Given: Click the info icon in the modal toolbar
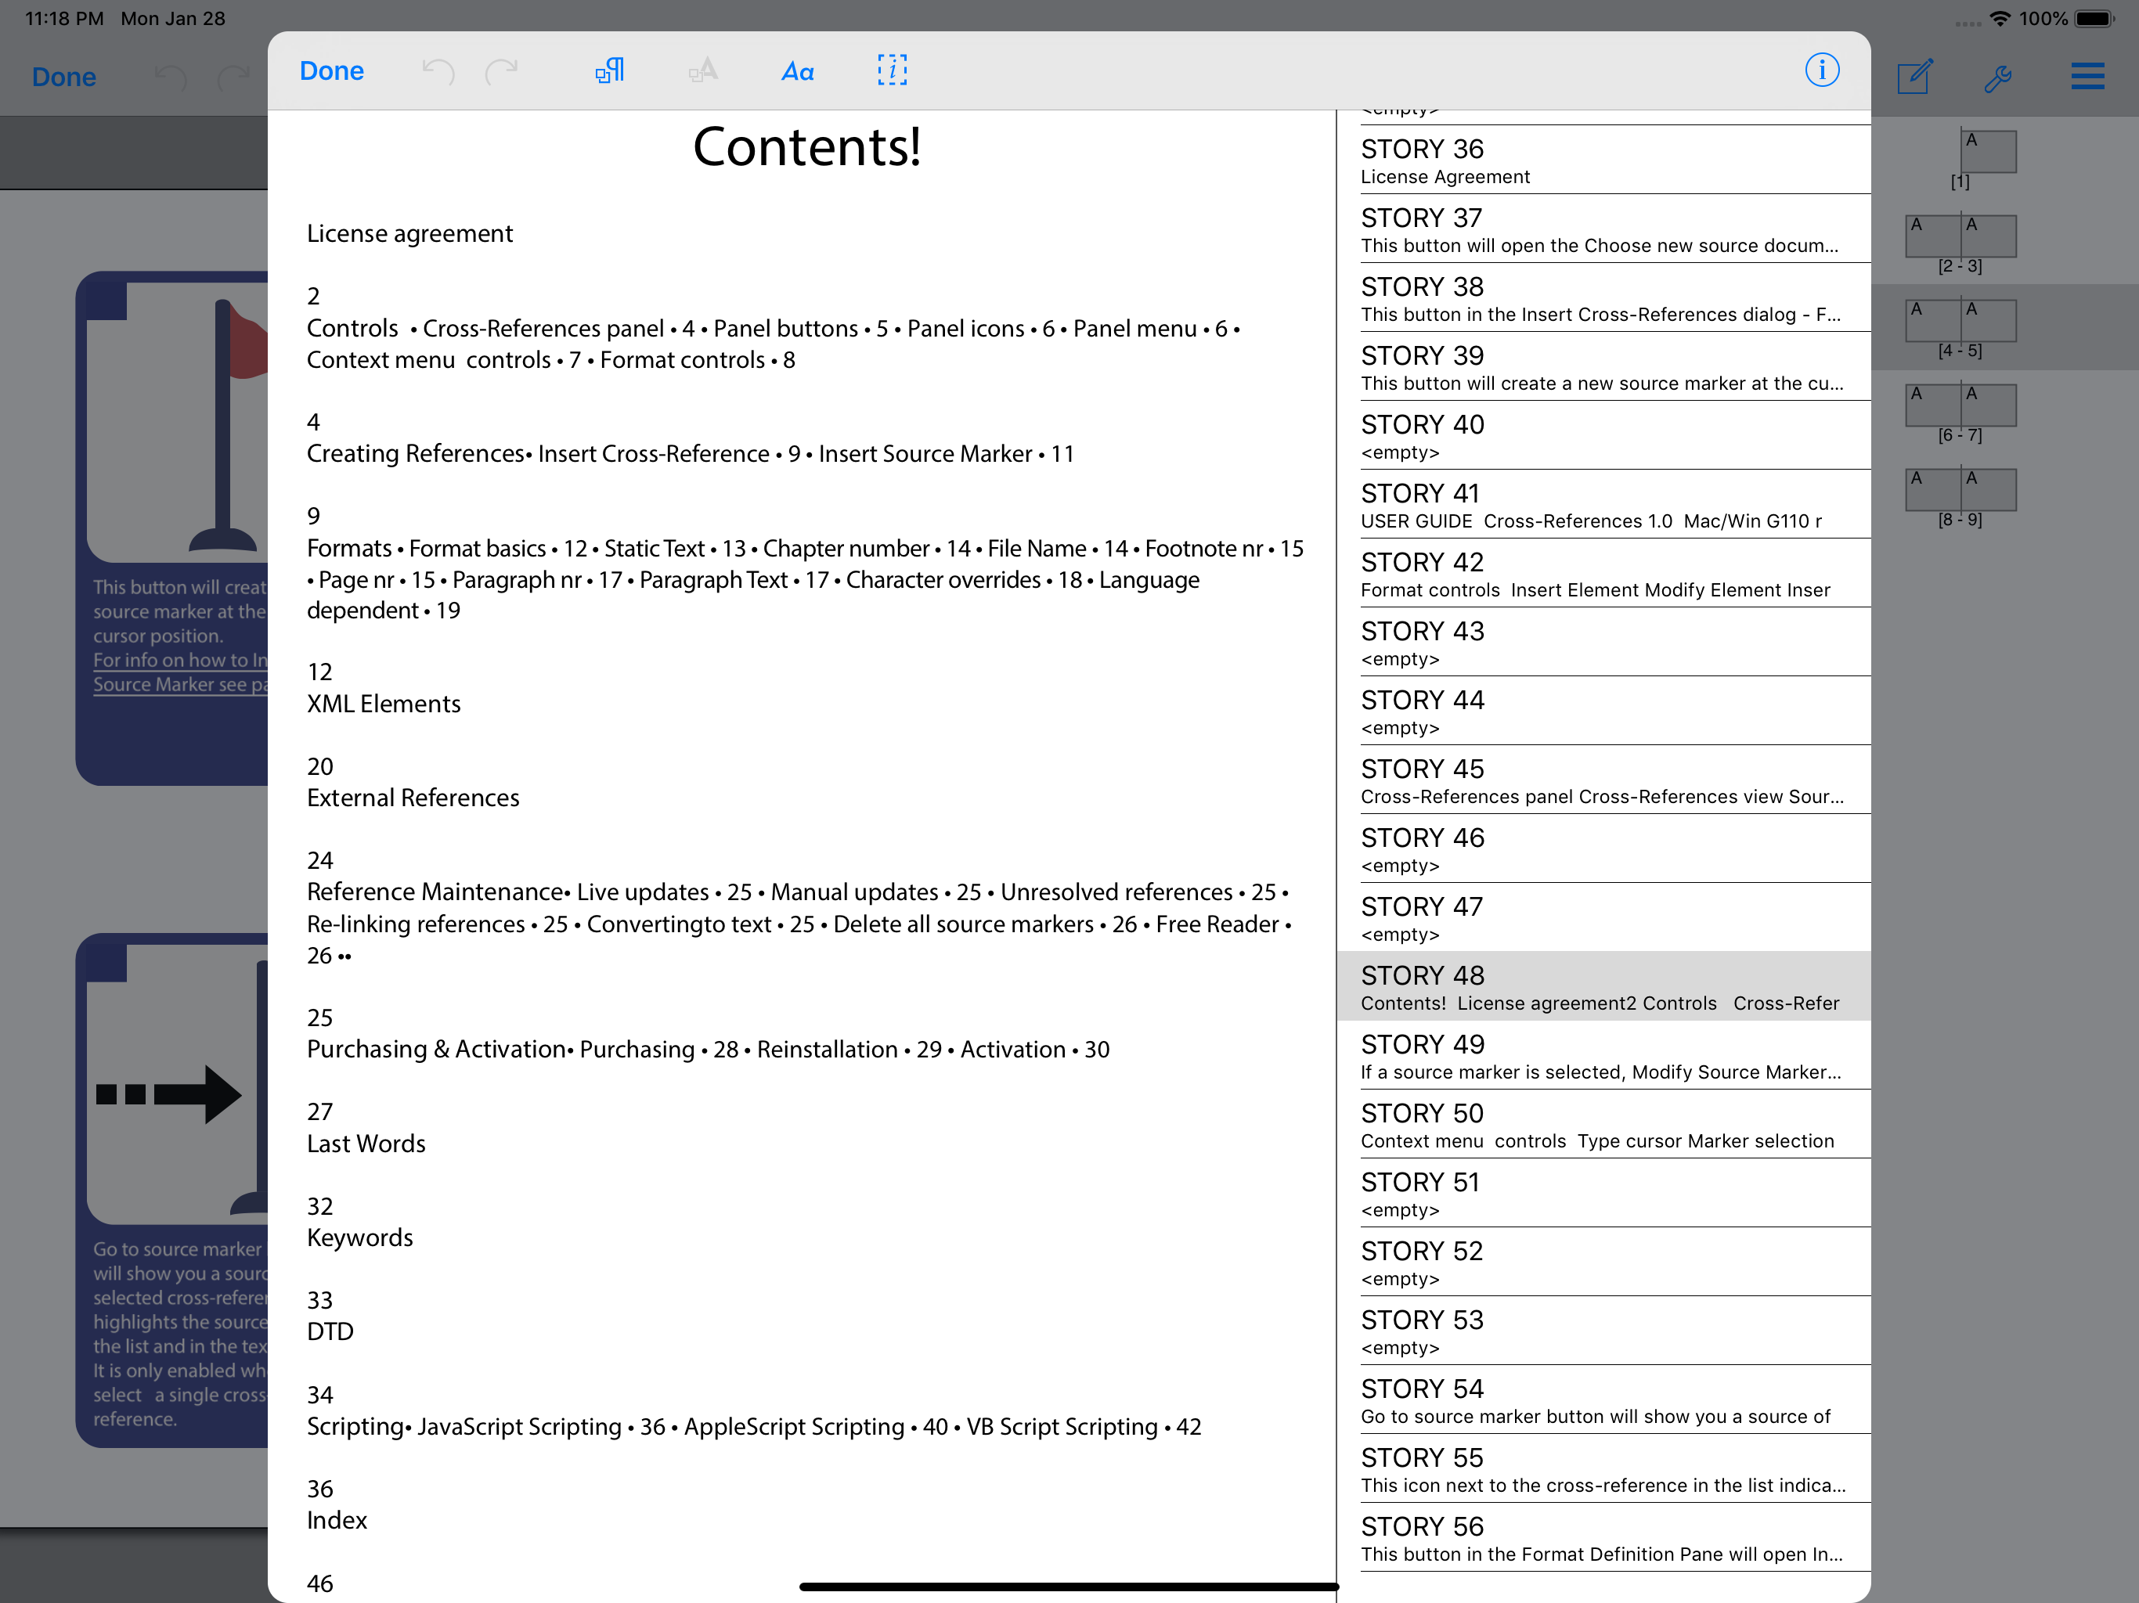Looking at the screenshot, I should (1821, 70).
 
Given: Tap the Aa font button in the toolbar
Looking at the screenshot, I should (797, 70).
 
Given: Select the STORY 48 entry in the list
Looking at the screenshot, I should (1601, 986).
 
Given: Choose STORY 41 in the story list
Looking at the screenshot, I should (1601, 505).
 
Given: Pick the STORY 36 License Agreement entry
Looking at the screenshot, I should (1601, 160).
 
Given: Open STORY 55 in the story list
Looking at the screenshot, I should (1601, 1468).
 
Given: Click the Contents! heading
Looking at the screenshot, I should (806, 147).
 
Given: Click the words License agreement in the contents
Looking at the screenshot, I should (409, 234).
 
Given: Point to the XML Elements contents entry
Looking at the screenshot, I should (383, 704).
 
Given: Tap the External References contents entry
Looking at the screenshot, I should (413, 798).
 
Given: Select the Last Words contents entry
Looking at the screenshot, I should (366, 1144).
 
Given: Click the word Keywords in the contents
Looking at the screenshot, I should (359, 1237).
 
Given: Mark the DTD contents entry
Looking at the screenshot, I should (330, 1331).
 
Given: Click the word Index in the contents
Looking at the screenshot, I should (337, 1520).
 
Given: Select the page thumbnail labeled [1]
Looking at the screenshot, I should (1987, 153).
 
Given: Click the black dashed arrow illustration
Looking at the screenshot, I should (170, 1093).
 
